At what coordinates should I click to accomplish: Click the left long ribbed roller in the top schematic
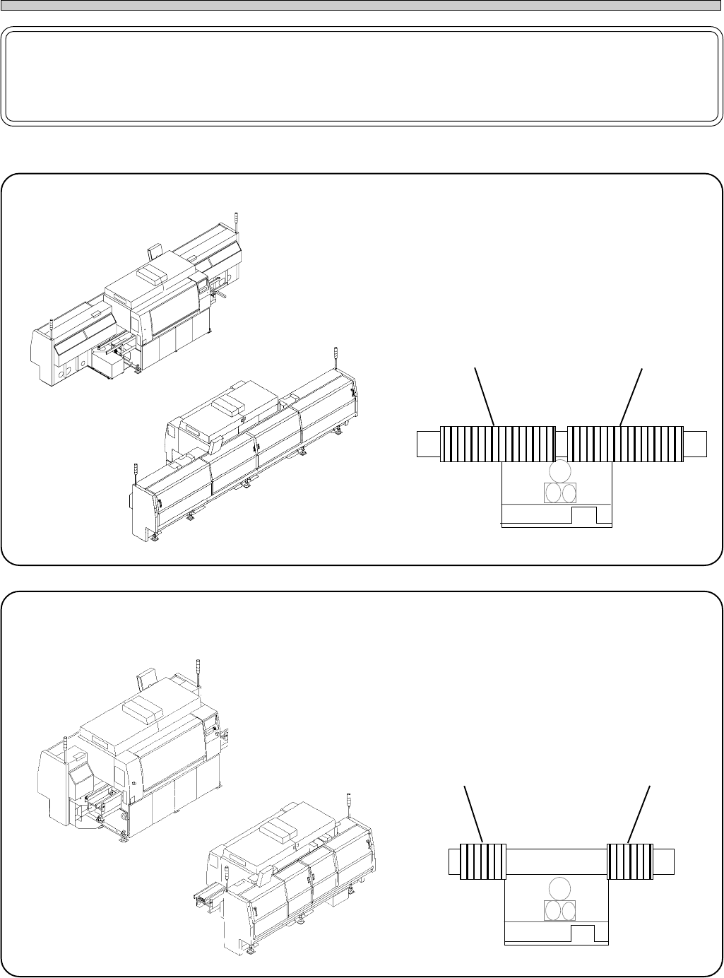coord(497,444)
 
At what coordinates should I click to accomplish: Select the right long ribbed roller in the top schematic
coord(625,444)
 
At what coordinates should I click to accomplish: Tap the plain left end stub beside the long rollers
coord(428,444)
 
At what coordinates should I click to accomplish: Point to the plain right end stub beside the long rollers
coord(695,444)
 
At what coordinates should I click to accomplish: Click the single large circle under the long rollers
coord(560,471)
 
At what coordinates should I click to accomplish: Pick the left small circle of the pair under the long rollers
coord(552,493)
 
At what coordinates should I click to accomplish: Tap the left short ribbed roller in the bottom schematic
coord(483,862)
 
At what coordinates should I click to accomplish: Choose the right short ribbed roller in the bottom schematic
coord(629,862)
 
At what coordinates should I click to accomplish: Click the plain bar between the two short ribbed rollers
coord(557,862)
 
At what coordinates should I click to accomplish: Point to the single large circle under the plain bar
coord(560,888)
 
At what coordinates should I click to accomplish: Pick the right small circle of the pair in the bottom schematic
coord(569,910)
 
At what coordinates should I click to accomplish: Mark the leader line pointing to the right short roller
coord(639,814)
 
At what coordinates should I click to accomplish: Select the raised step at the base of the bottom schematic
coord(583,933)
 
